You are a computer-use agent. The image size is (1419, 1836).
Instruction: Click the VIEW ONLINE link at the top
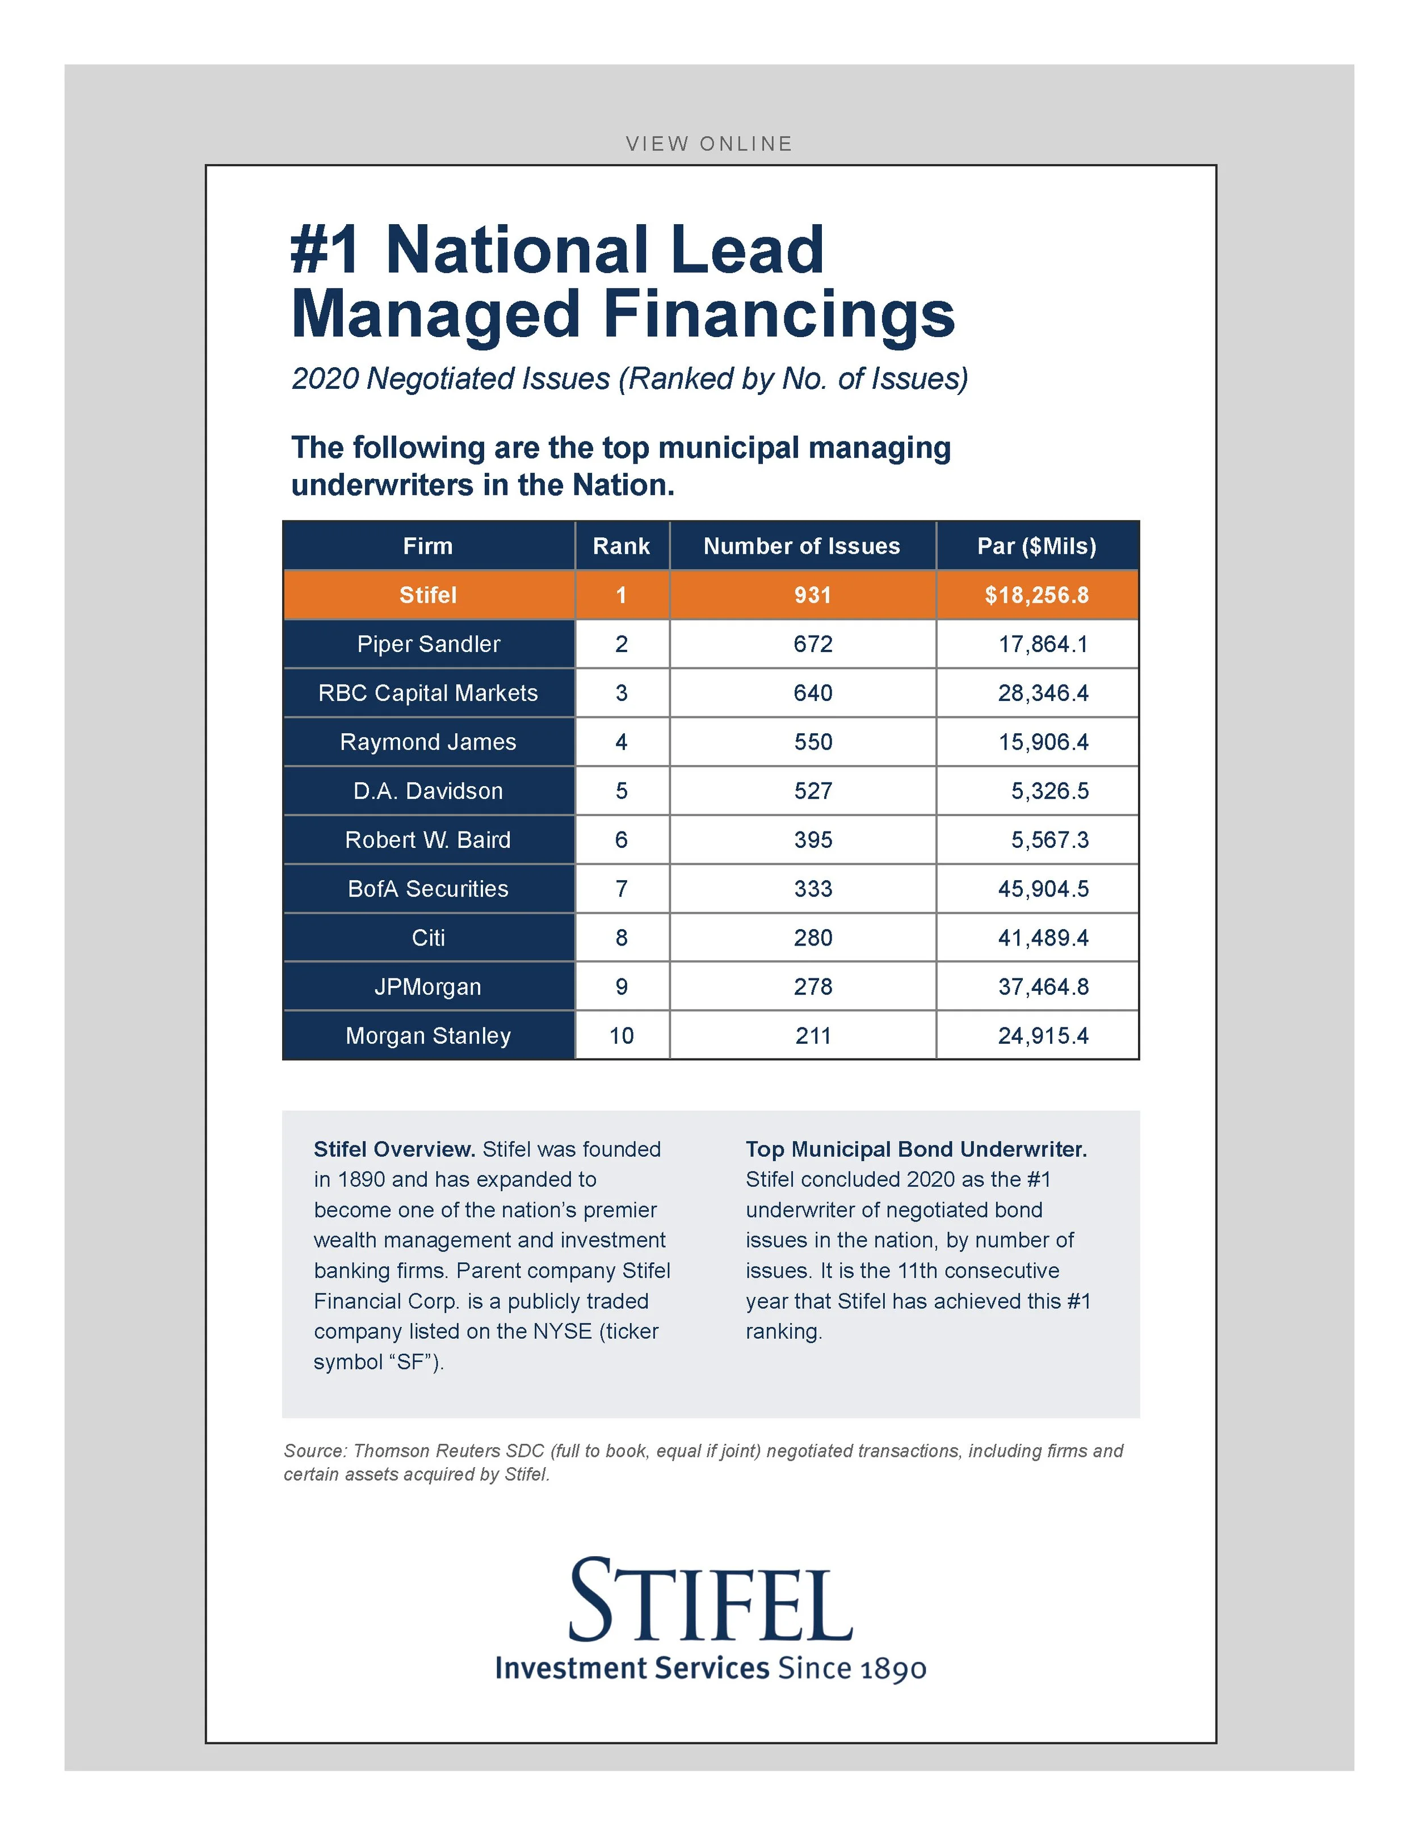pyautogui.click(x=709, y=144)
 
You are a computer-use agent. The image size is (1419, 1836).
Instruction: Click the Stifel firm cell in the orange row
pyautogui.click(x=428, y=595)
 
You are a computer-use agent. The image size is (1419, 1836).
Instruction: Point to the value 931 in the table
pyautogui.click(x=813, y=595)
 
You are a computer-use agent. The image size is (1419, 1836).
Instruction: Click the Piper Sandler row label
pyautogui.click(x=428, y=644)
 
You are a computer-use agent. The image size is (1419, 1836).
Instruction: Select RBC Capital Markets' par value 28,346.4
pyautogui.click(x=1043, y=693)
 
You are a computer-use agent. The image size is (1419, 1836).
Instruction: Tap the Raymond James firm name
pyautogui.click(x=428, y=741)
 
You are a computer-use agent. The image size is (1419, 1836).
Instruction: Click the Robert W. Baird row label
pyautogui.click(x=428, y=840)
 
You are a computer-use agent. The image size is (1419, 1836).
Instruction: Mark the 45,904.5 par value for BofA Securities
pyautogui.click(x=1043, y=889)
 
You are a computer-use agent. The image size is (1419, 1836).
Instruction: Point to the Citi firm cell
pyautogui.click(x=428, y=938)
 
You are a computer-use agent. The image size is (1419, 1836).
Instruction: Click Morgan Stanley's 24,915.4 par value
pyautogui.click(x=1043, y=1036)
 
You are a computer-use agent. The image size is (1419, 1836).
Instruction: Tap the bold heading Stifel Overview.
pyautogui.click(x=394, y=1149)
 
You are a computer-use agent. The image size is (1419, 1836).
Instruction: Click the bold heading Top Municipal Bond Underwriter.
pyautogui.click(x=916, y=1149)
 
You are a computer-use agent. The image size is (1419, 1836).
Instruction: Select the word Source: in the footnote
pyautogui.click(x=314, y=1451)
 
